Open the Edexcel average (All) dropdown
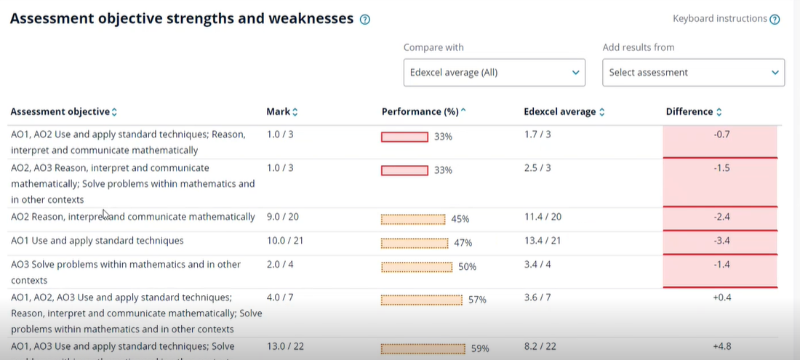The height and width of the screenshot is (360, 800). pos(494,73)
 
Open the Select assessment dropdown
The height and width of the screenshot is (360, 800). pos(693,73)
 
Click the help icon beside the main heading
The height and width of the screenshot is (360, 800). pos(365,20)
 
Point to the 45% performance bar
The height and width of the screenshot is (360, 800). pos(413,219)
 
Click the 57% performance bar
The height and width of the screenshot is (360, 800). pos(422,300)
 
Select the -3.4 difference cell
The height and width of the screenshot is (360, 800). pos(720,241)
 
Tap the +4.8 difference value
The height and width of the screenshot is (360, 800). pos(721,347)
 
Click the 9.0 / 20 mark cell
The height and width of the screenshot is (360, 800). pos(283,217)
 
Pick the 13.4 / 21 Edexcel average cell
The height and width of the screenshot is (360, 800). pos(542,241)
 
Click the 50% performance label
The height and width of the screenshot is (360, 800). pos(467,267)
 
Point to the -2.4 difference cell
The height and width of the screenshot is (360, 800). pos(720,217)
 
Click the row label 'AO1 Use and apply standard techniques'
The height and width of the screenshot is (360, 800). pos(97,241)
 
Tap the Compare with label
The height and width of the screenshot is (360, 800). pos(433,47)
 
